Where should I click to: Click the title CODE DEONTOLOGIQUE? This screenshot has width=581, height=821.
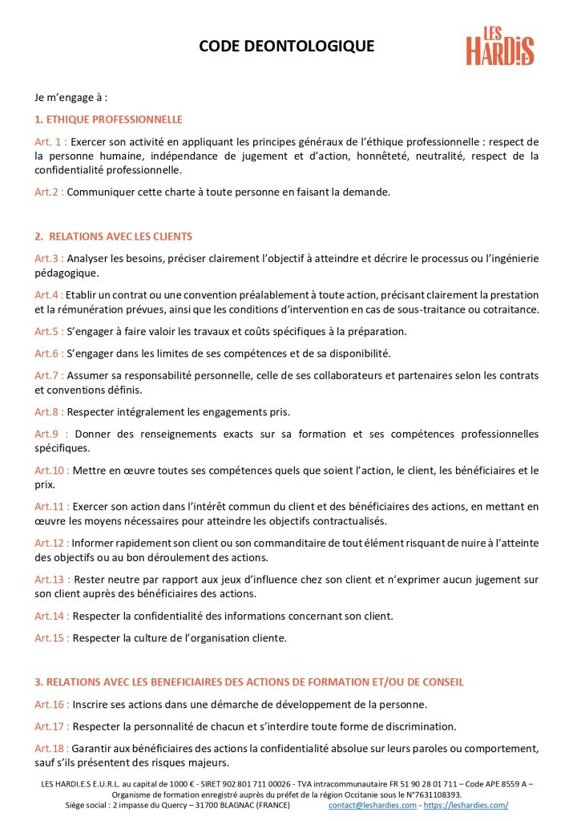pyautogui.click(x=286, y=47)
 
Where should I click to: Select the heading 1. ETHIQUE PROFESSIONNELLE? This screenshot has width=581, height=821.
pyautogui.click(x=108, y=119)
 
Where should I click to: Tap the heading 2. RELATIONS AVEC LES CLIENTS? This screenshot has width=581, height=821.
pyautogui.click(x=113, y=237)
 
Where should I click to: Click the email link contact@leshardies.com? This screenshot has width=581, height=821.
pyautogui.click(x=372, y=805)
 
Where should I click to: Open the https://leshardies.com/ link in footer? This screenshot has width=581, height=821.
pyautogui.click(x=466, y=805)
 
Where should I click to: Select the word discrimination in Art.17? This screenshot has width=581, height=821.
pyautogui.click(x=420, y=726)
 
